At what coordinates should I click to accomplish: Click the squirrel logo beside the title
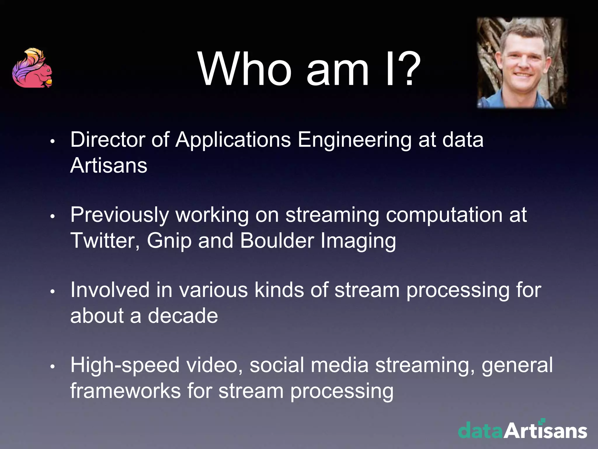click(x=32, y=68)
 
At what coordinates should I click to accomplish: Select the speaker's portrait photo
click(x=522, y=63)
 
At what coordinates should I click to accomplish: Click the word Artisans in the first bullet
click(x=109, y=165)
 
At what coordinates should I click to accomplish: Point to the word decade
click(x=183, y=316)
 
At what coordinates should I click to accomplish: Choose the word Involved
click(x=110, y=290)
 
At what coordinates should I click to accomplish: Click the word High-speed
click(x=125, y=366)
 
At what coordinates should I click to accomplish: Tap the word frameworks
click(x=126, y=391)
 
